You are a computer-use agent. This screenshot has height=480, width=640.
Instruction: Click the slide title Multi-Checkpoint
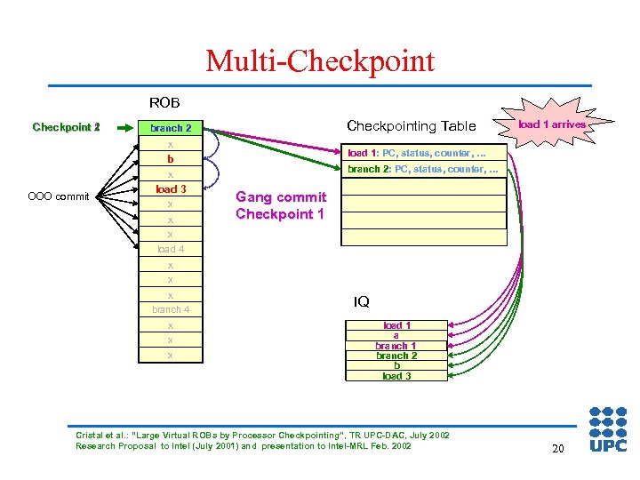point(320,61)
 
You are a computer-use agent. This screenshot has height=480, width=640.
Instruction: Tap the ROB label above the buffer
point(164,103)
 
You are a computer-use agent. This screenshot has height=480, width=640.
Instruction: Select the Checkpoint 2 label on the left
point(67,127)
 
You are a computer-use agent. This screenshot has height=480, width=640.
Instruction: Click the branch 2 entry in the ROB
point(171,128)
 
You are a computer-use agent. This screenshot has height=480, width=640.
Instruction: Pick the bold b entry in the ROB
point(171,159)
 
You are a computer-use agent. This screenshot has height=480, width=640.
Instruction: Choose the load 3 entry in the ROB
point(171,189)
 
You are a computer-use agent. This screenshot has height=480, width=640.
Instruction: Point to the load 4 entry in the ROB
point(171,250)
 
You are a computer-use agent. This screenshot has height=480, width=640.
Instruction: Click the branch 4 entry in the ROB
point(171,309)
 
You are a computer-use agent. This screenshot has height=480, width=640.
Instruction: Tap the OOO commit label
point(60,196)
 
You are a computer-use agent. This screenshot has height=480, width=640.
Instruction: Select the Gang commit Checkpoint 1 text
point(281,205)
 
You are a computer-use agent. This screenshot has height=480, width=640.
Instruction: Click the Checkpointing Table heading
point(412,126)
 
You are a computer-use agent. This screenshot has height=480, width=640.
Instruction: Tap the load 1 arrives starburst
point(551,124)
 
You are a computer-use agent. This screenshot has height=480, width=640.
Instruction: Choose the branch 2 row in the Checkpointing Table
point(423,169)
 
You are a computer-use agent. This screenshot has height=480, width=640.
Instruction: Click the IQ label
point(362,302)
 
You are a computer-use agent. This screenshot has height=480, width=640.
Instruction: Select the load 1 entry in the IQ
point(396,325)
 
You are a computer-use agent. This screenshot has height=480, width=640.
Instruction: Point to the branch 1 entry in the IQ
point(396,346)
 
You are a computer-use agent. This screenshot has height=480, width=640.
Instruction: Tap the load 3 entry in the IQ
point(396,376)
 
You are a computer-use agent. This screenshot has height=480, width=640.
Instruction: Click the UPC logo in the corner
point(608,430)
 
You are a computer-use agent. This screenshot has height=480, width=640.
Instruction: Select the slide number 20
point(557,449)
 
